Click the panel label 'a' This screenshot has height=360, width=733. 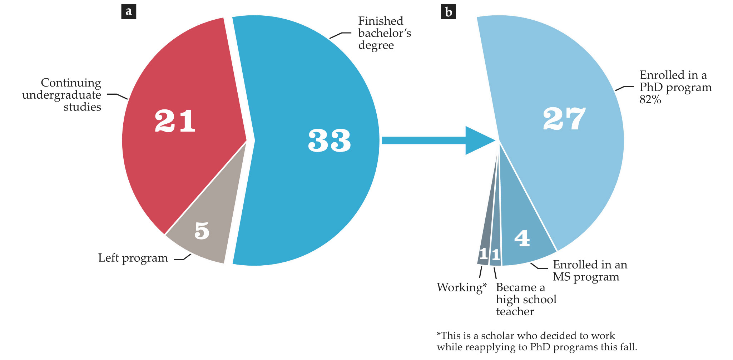[x=129, y=11]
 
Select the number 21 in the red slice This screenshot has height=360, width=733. [x=175, y=121]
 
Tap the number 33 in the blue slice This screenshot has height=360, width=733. [x=329, y=140]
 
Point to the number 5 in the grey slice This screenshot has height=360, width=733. [x=202, y=231]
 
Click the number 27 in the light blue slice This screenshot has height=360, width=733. [x=564, y=119]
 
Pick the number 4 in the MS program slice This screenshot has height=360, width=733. [x=522, y=238]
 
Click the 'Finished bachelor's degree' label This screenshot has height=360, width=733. [x=384, y=33]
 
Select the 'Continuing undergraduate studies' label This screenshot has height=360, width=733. [x=63, y=95]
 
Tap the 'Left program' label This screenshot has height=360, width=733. [x=133, y=258]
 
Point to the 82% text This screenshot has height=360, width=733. [x=650, y=99]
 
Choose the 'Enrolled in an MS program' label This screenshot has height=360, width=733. [x=590, y=271]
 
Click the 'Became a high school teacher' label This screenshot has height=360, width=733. [x=526, y=299]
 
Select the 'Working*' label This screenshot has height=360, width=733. [x=461, y=287]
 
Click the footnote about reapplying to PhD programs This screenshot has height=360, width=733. [x=536, y=341]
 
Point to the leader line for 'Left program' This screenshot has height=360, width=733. [x=183, y=258]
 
